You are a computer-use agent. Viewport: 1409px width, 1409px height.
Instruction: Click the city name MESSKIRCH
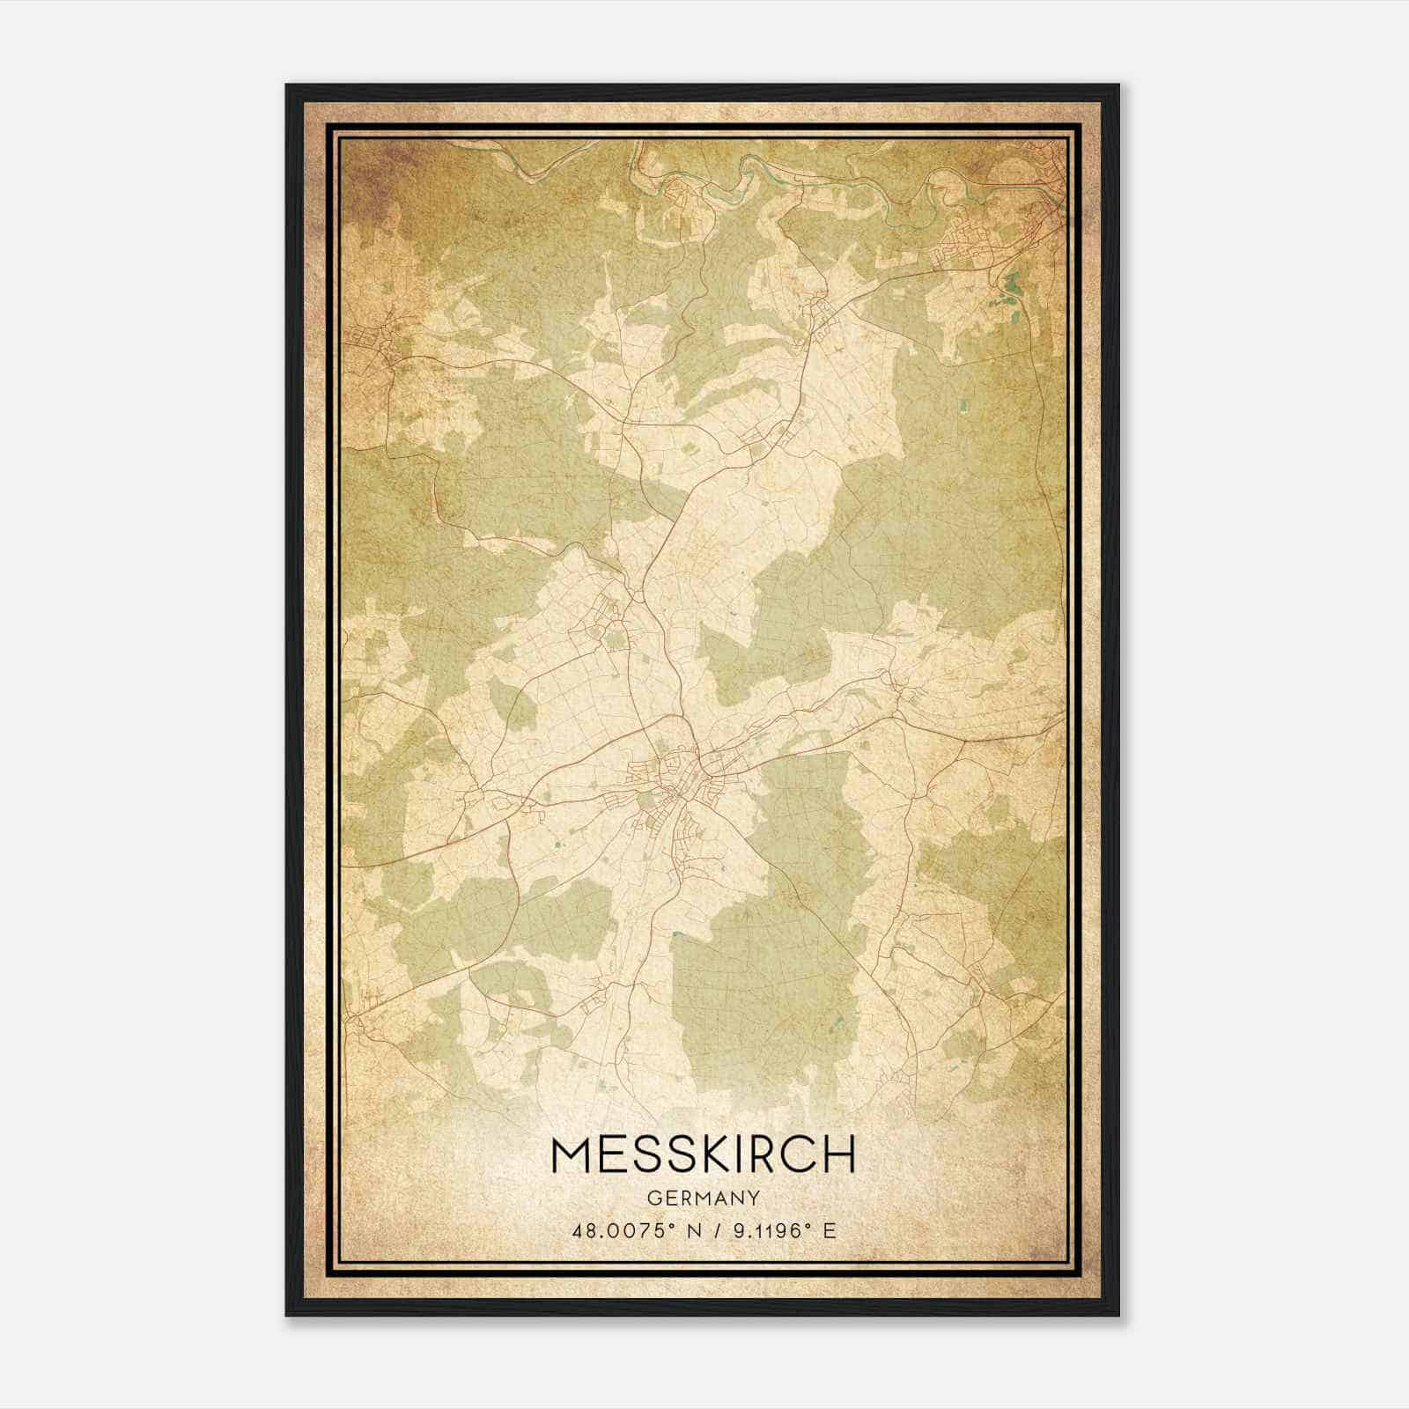point(702,1154)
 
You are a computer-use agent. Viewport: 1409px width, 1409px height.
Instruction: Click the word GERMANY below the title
point(702,1198)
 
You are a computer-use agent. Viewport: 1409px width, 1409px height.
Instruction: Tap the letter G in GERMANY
point(653,1198)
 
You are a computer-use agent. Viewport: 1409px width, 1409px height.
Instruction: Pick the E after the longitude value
point(828,1230)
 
